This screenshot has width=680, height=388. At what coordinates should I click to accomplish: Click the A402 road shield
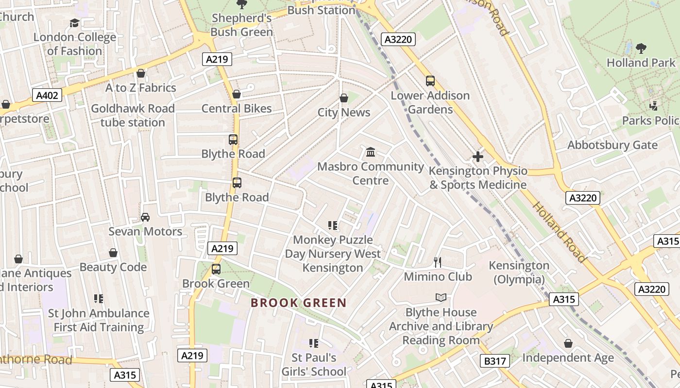pyautogui.click(x=48, y=96)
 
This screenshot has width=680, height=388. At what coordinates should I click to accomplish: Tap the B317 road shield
pyautogui.click(x=495, y=361)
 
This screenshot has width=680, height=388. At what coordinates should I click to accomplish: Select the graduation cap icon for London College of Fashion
pyautogui.click(x=74, y=23)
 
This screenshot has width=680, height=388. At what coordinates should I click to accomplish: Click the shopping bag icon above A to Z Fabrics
pyautogui.click(x=141, y=73)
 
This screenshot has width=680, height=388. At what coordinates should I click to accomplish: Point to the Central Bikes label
pyautogui.click(x=237, y=108)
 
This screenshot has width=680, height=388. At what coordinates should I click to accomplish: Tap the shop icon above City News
pyautogui.click(x=344, y=98)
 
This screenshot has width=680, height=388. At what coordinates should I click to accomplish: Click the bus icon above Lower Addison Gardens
pyautogui.click(x=430, y=81)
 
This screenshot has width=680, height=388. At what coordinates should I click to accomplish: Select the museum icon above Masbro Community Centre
pyautogui.click(x=371, y=152)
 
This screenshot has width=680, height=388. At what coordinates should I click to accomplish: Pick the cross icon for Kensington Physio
pyautogui.click(x=478, y=157)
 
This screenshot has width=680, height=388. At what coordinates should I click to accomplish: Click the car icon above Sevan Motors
pyautogui.click(x=145, y=217)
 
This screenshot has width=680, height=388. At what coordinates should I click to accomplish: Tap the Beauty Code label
pyautogui.click(x=113, y=267)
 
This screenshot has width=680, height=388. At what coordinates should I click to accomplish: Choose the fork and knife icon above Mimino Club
pyautogui.click(x=438, y=262)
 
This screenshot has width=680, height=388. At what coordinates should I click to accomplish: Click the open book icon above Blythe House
pyautogui.click(x=441, y=297)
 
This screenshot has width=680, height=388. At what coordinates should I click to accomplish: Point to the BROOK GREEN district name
pyautogui.click(x=299, y=303)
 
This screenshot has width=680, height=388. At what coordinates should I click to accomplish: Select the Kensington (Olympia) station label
pyautogui.click(x=519, y=273)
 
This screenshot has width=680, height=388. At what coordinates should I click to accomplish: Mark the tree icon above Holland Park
pyautogui.click(x=641, y=48)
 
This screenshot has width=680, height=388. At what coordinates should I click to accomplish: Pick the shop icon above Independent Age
pyautogui.click(x=568, y=344)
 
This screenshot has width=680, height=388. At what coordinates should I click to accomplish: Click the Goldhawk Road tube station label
pyautogui.click(x=133, y=115)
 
